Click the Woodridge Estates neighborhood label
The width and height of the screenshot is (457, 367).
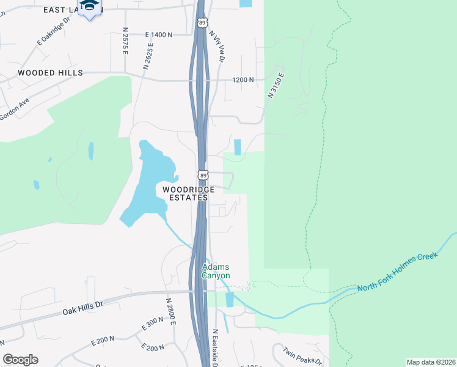point(189,193)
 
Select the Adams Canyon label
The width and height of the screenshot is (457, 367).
point(216,271)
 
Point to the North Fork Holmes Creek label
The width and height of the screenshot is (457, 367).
point(398,272)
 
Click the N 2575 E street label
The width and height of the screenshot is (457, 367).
point(124,41)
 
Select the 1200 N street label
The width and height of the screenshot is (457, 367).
point(243,80)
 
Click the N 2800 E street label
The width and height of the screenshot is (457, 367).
point(170,312)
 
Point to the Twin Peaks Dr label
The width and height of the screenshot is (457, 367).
point(302,357)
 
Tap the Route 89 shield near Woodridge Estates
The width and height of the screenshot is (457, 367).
point(203,176)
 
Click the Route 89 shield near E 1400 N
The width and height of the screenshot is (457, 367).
point(203,22)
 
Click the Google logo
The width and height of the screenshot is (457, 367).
point(20,360)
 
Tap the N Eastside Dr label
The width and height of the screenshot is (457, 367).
point(215,349)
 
